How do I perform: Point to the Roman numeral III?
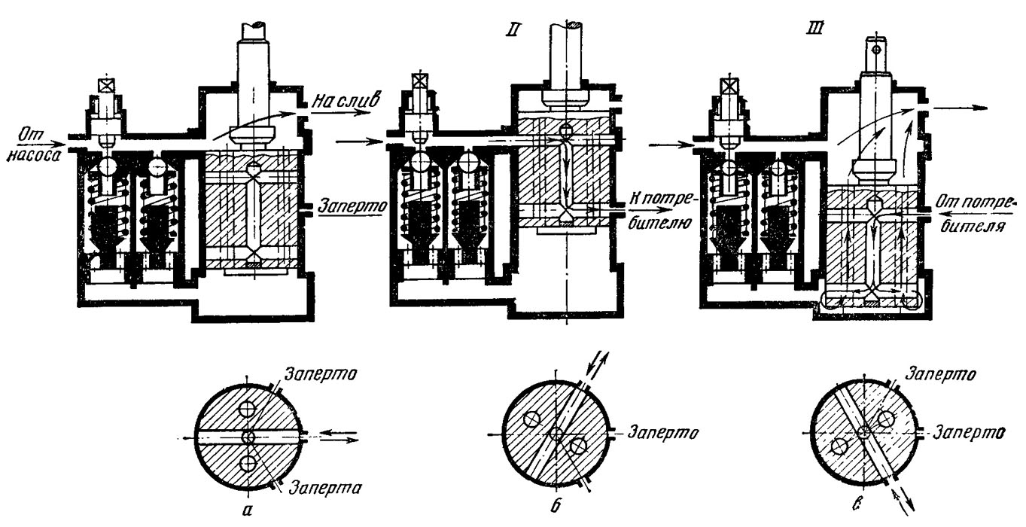point(816,29)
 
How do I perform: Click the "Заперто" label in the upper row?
point(352,206)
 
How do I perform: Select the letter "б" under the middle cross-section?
point(555,506)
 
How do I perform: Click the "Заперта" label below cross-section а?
point(326,488)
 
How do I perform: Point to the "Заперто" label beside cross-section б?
point(664,433)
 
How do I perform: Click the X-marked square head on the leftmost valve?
point(106,86)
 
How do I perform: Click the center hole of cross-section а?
point(248,437)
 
